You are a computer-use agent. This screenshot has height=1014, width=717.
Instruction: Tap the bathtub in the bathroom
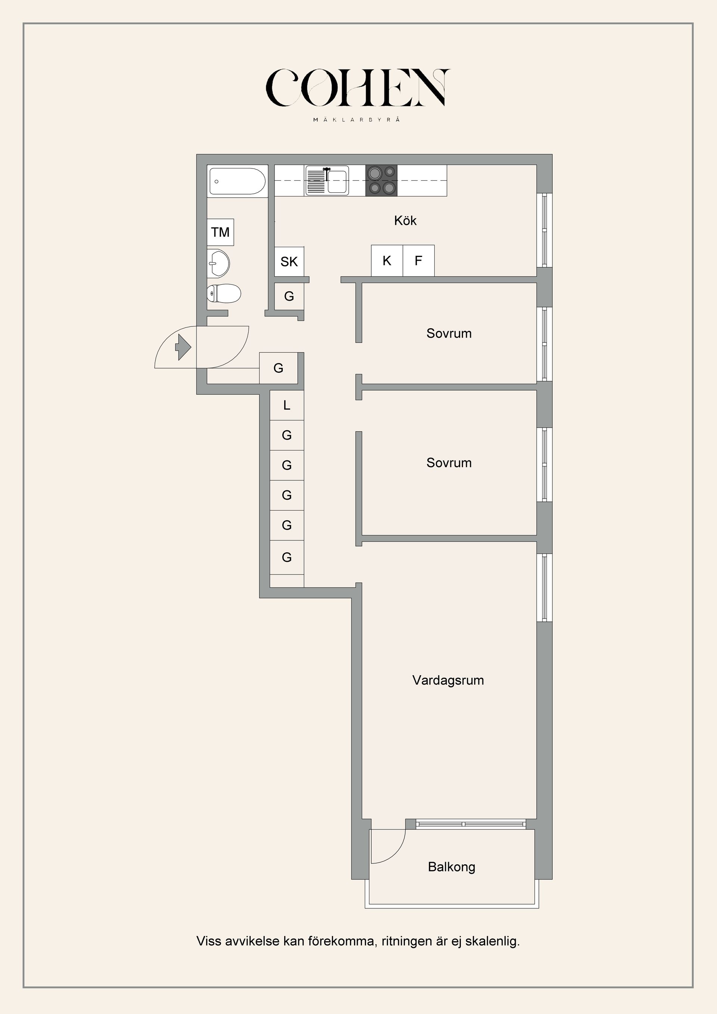tap(237, 181)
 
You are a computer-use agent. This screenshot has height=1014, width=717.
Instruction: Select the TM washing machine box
tap(220, 232)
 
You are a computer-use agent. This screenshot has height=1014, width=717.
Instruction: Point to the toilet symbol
tap(224, 293)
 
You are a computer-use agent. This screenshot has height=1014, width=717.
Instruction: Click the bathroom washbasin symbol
tap(218, 264)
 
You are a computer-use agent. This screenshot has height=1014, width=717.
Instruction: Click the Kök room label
tap(405, 221)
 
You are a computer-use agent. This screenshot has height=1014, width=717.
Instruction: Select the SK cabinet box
tap(289, 261)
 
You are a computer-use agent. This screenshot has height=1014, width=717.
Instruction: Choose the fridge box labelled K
tap(387, 261)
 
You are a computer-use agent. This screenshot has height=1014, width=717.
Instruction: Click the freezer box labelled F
tap(418, 261)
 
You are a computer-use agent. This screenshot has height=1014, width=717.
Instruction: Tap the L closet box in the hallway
tap(286, 405)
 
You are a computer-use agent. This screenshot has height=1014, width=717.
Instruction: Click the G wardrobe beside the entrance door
tap(278, 368)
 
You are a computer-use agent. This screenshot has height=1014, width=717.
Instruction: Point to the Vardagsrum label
tap(448, 680)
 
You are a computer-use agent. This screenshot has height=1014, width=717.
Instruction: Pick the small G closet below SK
tap(289, 296)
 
